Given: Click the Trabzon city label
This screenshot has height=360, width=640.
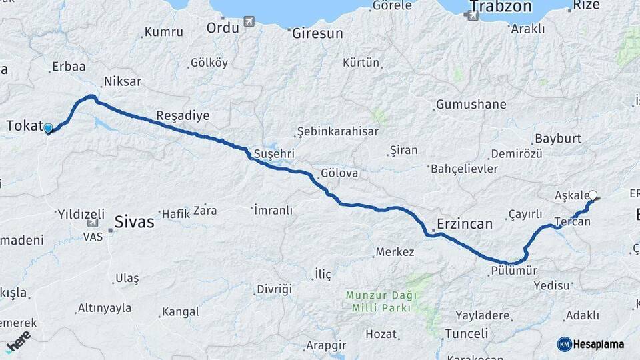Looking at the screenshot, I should [x=501, y=7].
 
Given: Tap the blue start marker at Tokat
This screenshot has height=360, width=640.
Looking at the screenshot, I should [x=48, y=128].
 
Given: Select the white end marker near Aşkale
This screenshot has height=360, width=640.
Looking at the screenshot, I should [x=593, y=196].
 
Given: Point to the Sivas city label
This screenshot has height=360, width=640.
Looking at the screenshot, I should [x=134, y=221].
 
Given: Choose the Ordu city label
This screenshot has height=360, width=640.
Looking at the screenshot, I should [x=223, y=27].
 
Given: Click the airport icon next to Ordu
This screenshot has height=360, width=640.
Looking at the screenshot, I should [x=249, y=22].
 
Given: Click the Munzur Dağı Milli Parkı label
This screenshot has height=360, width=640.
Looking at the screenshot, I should [x=381, y=301].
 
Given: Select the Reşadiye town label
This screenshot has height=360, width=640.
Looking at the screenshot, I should [x=183, y=116].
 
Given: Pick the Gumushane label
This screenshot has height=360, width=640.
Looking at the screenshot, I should [x=471, y=105].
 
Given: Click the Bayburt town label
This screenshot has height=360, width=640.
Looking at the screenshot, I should [x=557, y=139].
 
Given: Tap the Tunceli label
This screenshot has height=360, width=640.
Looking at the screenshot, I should [x=467, y=333].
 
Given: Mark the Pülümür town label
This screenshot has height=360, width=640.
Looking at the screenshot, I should [x=513, y=271].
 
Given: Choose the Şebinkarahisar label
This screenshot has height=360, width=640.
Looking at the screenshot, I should [x=338, y=131].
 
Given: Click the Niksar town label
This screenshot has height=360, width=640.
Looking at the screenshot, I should [x=122, y=82].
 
